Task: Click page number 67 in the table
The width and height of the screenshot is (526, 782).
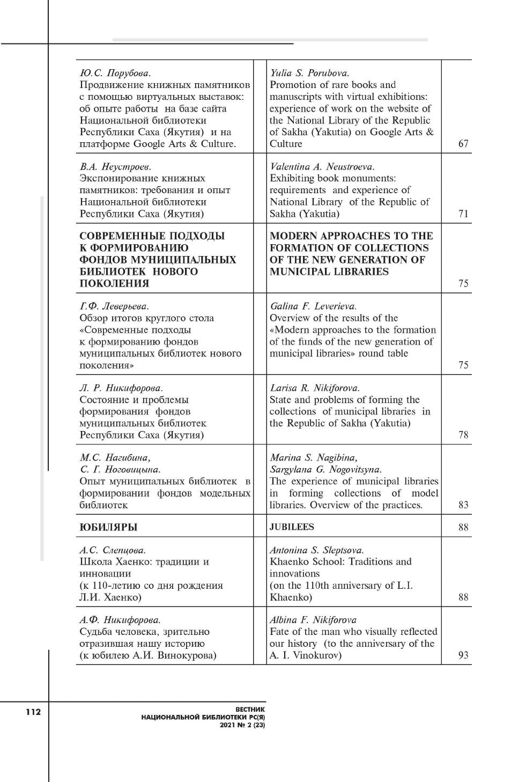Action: (x=463, y=144)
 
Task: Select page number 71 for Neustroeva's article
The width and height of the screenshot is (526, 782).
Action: (x=463, y=214)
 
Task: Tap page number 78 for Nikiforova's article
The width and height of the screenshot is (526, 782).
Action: (x=463, y=435)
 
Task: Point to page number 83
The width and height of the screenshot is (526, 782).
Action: (x=463, y=505)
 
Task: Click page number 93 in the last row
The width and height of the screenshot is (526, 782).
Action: (x=463, y=655)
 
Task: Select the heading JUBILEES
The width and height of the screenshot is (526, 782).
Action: (x=292, y=527)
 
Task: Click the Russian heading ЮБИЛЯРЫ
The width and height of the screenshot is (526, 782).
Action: (x=108, y=527)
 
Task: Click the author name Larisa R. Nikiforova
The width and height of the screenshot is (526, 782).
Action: (x=314, y=388)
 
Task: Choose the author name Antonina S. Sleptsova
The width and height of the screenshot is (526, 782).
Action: (x=316, y=550)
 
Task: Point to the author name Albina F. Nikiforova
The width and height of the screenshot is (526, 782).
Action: (x=313, y=620)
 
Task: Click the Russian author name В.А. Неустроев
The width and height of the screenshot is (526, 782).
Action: (x=115, y=166)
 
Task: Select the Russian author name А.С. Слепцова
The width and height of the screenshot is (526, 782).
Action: (x=113, y=550)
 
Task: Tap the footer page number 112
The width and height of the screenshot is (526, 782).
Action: (x=32, y=712)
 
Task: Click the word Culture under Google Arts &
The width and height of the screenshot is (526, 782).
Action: (x=286, y=144)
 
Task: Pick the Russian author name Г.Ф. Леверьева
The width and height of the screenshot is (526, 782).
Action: (x=114, y=306)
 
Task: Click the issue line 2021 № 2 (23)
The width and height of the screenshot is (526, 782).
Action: (x=242, y=725)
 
